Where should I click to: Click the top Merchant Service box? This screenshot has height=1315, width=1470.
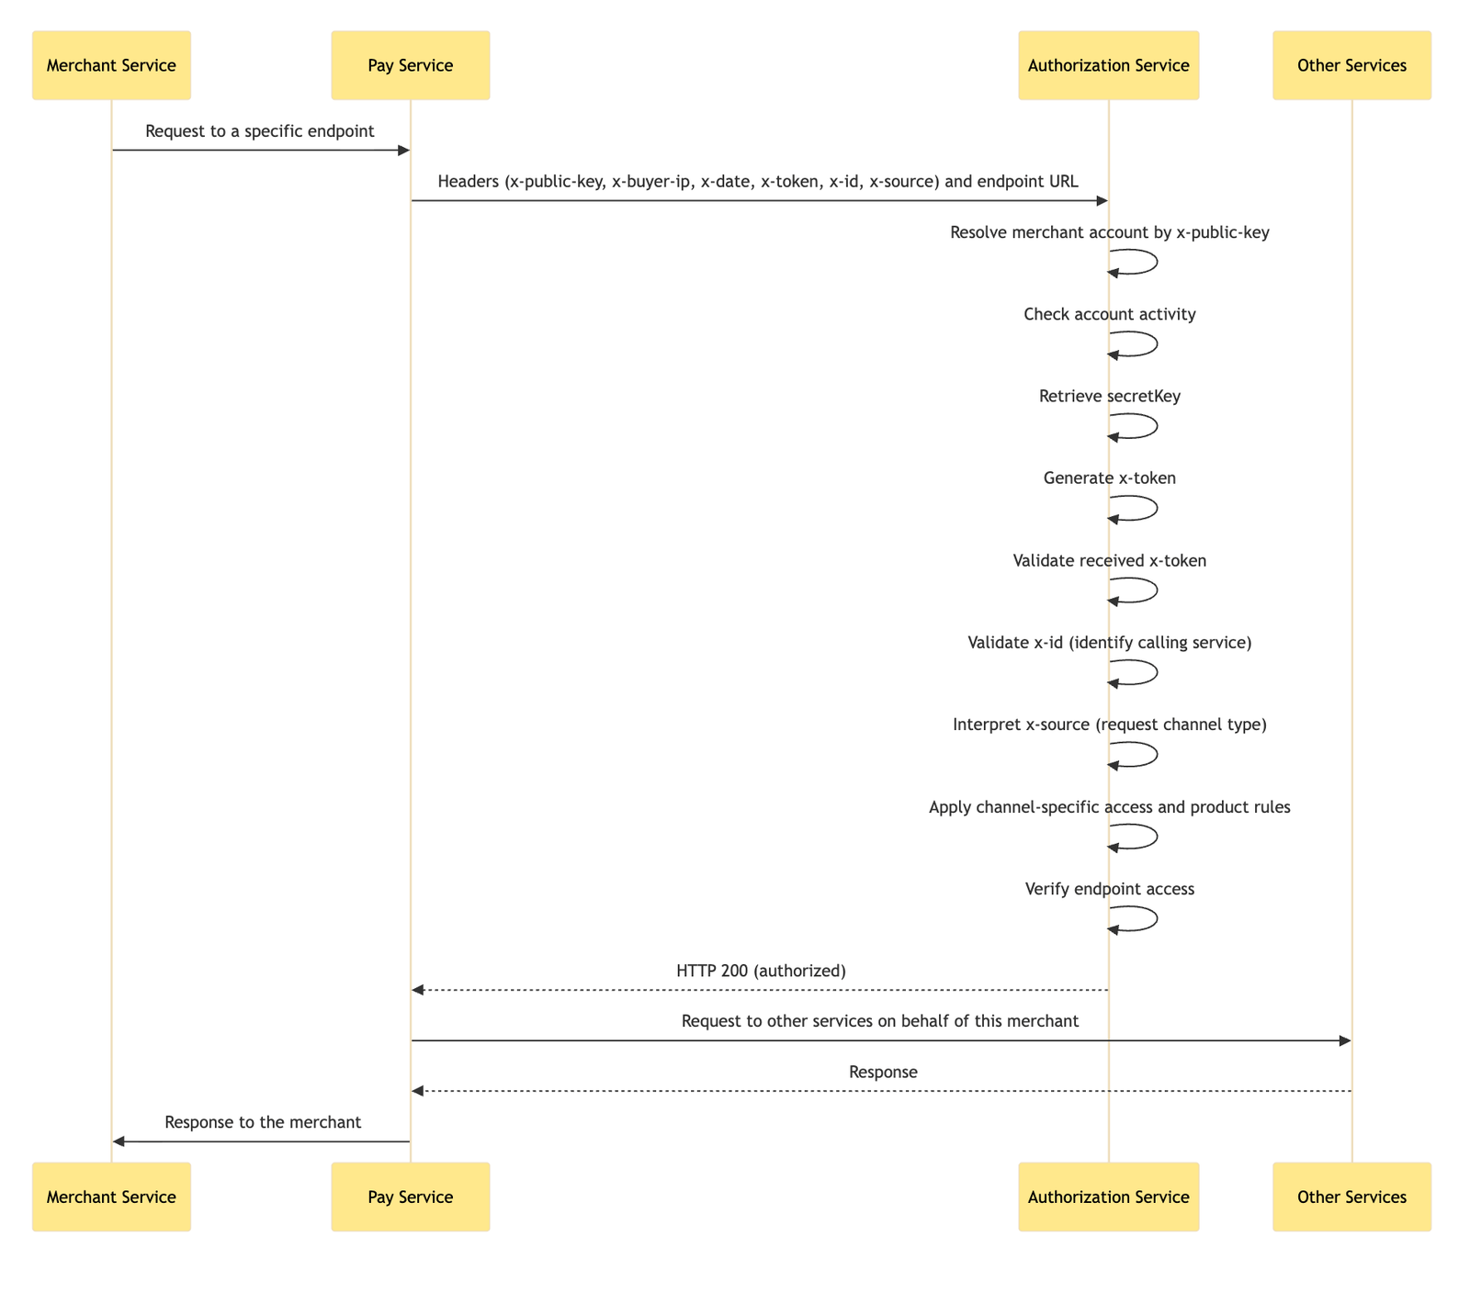click(111, 65)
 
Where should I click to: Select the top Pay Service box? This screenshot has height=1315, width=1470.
click(410, 65)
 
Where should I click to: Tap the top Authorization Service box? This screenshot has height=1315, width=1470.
click(1108, 65)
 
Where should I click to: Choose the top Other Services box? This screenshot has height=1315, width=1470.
click(1351, 65)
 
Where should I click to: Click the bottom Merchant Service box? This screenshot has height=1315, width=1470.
click(111, 1197)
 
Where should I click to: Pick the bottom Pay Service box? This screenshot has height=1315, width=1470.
click(410, 1197)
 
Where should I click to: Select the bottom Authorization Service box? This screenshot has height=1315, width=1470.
click(1108, 1197)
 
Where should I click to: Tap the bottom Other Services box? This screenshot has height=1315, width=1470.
click(1351, 1197)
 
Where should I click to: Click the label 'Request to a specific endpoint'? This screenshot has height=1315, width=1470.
click(260, 131)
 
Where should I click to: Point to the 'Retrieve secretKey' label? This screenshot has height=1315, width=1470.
click(1110, 396)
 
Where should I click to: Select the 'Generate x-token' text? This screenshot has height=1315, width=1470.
click(1110, 478)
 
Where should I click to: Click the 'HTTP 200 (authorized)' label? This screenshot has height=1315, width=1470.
click(760, 970)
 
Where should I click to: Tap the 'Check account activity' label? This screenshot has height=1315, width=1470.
click(1110, 314)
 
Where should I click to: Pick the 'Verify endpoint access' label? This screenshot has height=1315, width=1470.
click(1110, 888)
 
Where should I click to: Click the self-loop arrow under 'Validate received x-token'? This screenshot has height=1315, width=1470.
click(1144, 590)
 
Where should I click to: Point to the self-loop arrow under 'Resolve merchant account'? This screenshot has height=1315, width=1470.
click(1144, 262)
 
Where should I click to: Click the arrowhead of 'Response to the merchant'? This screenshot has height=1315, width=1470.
click(118, 1141)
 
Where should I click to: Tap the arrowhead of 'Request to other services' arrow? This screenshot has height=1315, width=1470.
click(1345, 1040)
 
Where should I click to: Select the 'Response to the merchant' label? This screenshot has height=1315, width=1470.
click(263, 1121)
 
